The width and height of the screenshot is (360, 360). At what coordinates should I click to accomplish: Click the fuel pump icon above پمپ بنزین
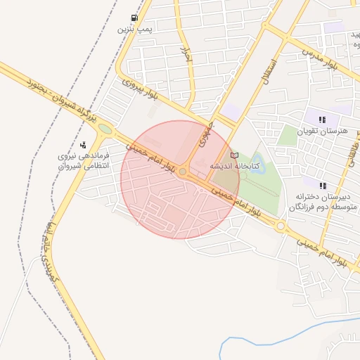134,18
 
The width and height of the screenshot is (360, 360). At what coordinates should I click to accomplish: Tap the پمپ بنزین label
134,30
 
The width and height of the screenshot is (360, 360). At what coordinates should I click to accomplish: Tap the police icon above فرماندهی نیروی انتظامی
84,145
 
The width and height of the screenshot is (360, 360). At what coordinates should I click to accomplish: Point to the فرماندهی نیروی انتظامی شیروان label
83,160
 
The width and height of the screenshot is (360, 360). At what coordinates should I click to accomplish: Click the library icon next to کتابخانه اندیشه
235,155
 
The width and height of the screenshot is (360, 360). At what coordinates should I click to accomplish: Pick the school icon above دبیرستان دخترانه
323,186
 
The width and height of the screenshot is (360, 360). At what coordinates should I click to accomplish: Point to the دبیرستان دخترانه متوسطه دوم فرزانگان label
320,202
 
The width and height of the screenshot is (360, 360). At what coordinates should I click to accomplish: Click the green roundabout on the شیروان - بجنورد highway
105,129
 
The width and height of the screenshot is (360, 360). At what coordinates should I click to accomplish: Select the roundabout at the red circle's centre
183,172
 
